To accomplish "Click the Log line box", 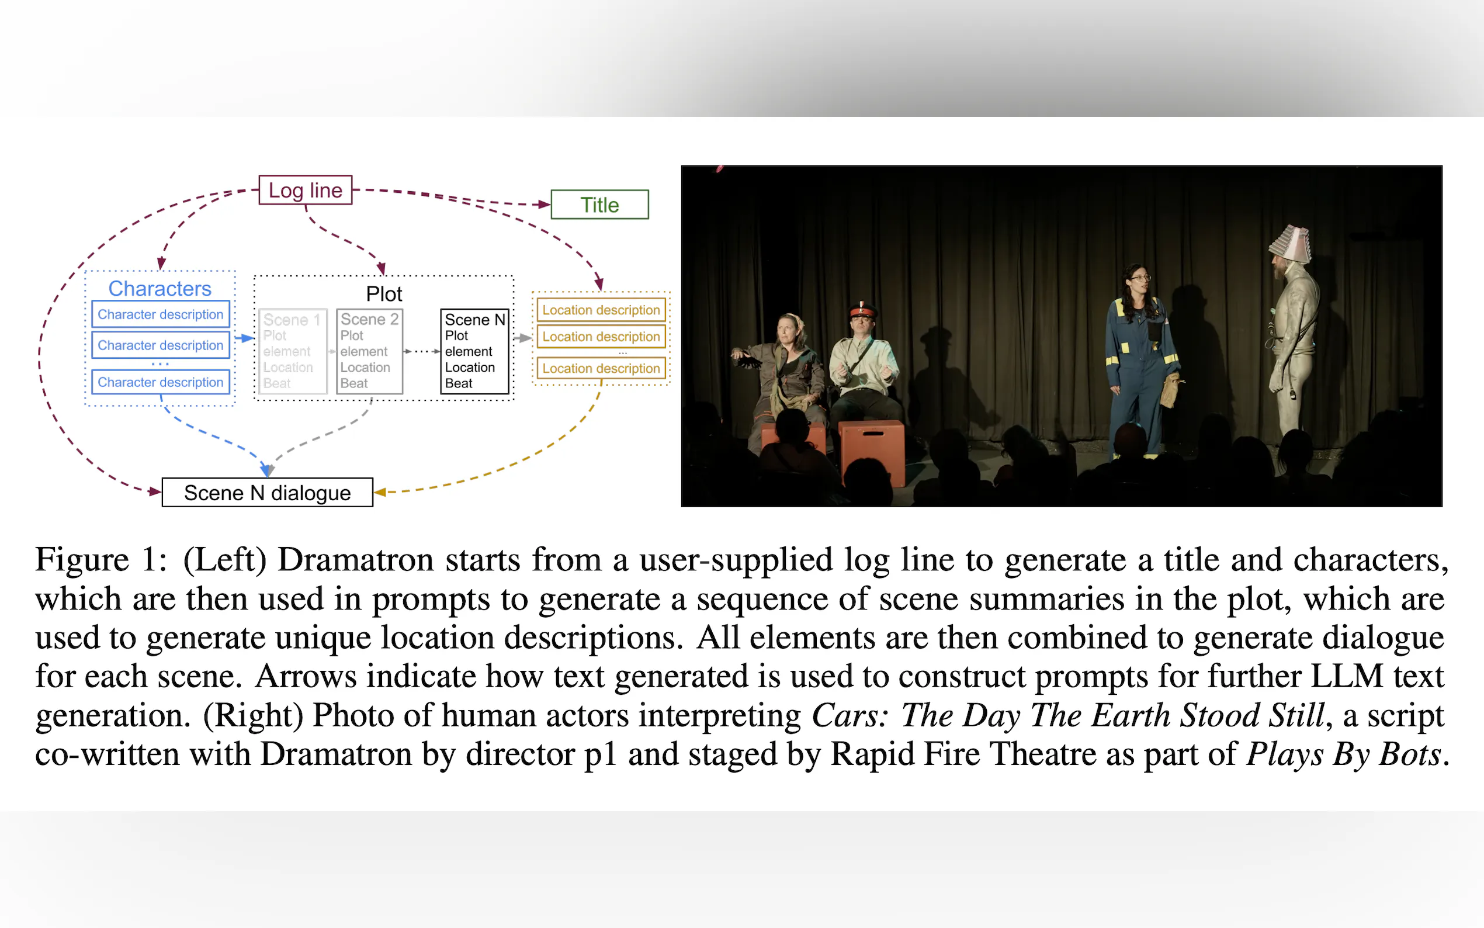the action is coord(306,191).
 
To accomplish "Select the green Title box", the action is coord(599,205).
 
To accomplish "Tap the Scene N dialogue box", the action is coord(268,492).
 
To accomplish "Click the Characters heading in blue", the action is coord(160,289).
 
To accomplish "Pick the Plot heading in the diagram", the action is coord(384,294).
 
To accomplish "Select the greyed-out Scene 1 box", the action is coord(293,352).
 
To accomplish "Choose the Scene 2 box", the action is coord(369,352).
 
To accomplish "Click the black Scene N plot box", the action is coord(475,352).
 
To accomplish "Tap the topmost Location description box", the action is coord(601,310).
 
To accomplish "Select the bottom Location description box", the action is coord(601,368).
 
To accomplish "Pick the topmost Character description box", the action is coord(161,314).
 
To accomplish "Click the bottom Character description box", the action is coord(161,382).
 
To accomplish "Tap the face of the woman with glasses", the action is coord(1139,282).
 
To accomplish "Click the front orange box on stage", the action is coord(872,452).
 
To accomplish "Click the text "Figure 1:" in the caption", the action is coord(101,560).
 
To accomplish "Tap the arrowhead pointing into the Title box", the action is coord(543,205).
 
